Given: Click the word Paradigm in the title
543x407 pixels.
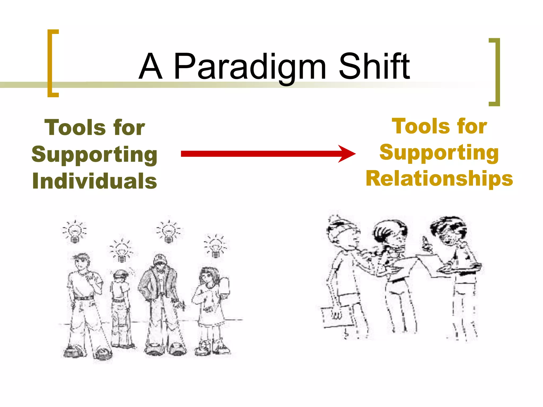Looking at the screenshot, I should [x=250, y=67].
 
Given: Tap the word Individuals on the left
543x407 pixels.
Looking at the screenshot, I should [x=95, y=181].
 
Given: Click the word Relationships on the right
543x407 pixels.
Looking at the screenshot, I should [x=439, y=179].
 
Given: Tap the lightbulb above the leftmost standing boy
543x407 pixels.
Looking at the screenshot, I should [x=75, y=232].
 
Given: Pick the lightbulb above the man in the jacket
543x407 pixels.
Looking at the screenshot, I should [x=169, y=231].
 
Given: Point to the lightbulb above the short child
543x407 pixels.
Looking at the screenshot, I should [x=121, y=251].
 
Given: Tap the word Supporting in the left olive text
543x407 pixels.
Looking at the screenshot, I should [x=95, y=154].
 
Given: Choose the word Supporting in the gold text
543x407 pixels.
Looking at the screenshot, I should [x=439, y=153].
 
